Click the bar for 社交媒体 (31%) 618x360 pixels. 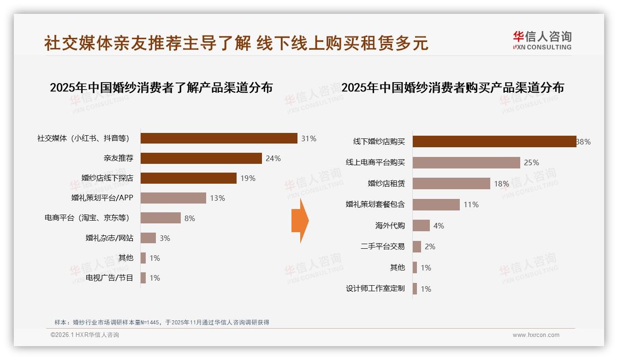[219, 138]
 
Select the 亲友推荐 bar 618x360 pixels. [201, 158]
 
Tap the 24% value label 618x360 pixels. [273, 158]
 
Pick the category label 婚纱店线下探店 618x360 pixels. [107, 178]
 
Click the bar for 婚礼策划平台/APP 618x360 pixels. [173, 198]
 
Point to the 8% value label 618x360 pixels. [190, 218]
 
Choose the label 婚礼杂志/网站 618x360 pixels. [109, 238]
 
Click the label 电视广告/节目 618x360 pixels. [109, 278]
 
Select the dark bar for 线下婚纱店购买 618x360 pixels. [494, 142]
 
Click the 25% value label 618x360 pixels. [531, 162]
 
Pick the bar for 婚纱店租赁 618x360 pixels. [451, 184]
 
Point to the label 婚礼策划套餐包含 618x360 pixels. [375, 204]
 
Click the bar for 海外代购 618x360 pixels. [421, 226]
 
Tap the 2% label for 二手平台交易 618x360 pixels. [430, 247]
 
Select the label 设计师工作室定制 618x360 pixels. [375, 289]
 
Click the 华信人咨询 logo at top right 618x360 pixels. [542, 40]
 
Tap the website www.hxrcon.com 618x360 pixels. [536, 335]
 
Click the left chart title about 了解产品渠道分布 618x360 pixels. [161, 88]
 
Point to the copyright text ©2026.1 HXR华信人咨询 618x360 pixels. [85, 335]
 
